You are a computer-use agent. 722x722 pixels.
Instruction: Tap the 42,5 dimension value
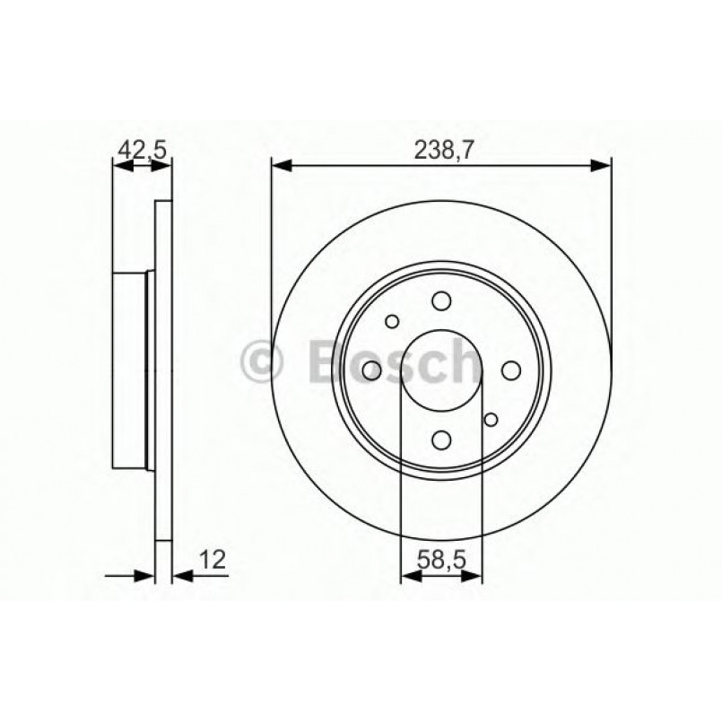(x=143, y=151)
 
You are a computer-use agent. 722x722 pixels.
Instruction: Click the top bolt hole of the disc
(x=440, y=301)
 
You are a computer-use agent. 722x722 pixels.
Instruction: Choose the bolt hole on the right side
(x=511, y=370)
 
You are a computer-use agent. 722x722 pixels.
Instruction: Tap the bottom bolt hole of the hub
(x=440, y=439)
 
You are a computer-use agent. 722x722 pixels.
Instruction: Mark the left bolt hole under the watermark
(x=371, y=370)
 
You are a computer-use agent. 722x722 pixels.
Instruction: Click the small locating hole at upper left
(x=392, y=321)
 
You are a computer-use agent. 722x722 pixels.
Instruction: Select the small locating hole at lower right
(x=490, y=419)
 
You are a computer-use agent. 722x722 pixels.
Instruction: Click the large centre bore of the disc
(x=440, y=370)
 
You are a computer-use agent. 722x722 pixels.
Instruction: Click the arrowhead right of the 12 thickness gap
(x=180, y=574)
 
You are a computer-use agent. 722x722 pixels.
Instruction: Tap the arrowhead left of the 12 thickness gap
(x=146, y=574)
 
